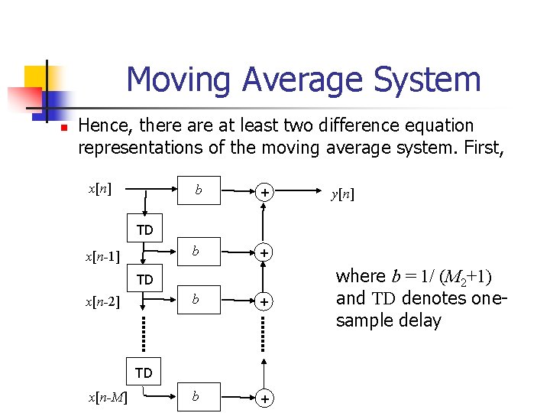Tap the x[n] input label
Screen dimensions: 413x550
click(100, 189)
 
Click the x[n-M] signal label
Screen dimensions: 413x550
click(108, 396)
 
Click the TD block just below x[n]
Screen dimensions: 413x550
click(144, 229)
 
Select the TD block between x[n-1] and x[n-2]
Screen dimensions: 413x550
click(144, 280)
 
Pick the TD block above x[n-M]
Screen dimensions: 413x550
click(144, 373)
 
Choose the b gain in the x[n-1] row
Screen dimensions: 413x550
click(196, 251)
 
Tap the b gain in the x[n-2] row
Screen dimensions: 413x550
click(196, 300)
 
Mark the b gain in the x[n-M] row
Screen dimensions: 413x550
click(196, 396)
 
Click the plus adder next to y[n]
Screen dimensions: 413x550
click(264, 193)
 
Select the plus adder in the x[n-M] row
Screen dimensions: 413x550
click(264, 399)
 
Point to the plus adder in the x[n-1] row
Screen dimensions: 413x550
click(264, 253)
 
